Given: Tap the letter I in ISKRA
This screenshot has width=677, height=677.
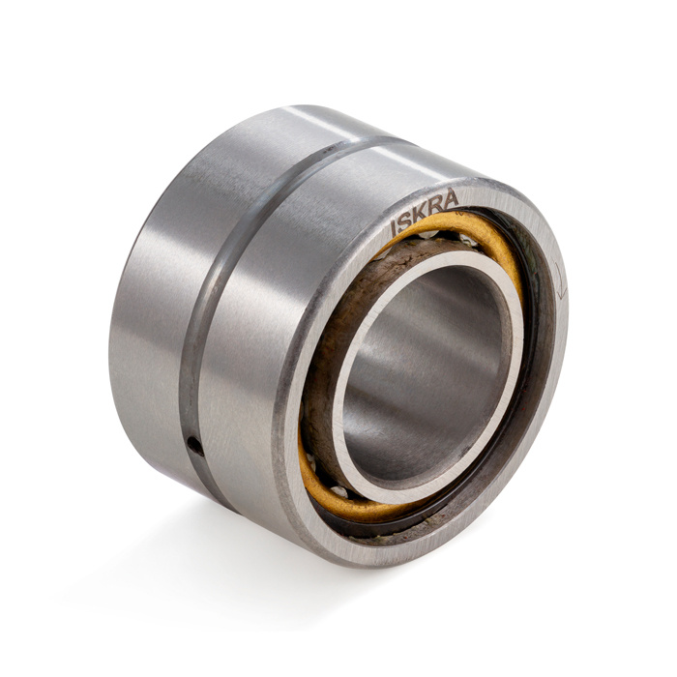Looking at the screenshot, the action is click(394, 228).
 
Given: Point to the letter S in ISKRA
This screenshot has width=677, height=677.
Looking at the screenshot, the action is click(405, 221).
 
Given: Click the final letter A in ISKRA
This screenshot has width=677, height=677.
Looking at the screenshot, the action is click(450, 198).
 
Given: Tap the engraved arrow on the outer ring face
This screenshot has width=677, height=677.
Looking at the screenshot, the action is click(560, 280).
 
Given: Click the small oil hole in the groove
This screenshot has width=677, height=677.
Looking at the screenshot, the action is click(195, 446).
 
